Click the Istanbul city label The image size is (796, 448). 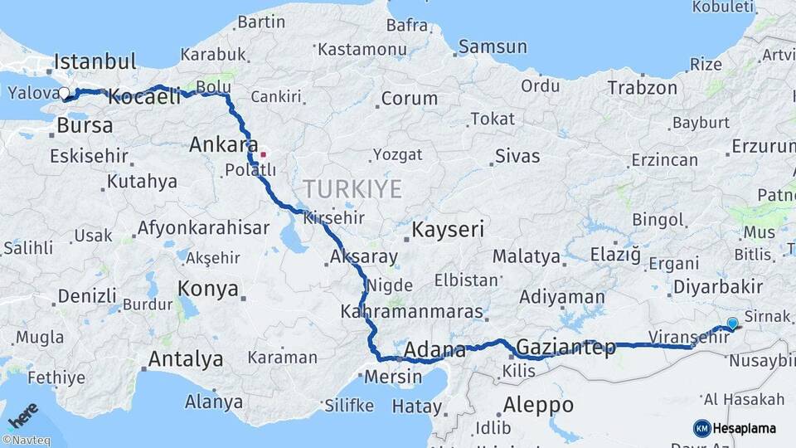95,61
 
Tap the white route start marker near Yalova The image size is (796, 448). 64,93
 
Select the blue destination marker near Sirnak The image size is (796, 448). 732,324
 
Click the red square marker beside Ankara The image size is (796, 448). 263,153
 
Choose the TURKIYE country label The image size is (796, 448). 352,188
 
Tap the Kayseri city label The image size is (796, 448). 448,230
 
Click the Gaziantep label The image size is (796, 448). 565,347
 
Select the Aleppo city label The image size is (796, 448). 538,405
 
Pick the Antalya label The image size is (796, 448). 185,359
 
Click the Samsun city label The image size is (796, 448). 493,46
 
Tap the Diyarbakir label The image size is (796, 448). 718,286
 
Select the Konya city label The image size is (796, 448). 209,290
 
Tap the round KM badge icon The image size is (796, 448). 701,428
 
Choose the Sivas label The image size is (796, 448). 517,155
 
